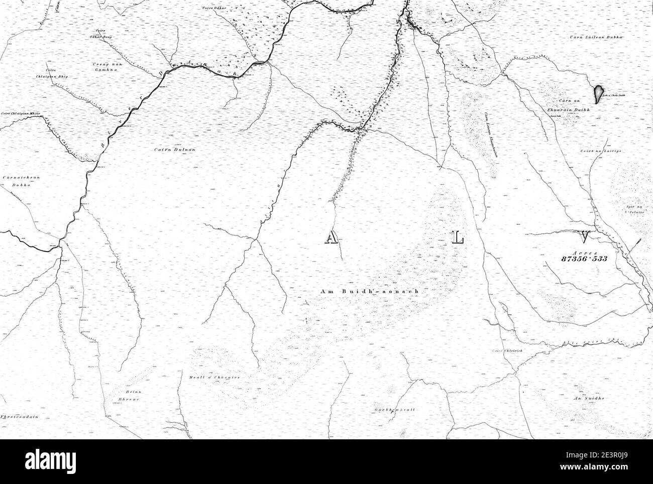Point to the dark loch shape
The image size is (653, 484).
[x=598, y=93]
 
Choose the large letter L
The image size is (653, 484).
[x=458, y=238]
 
